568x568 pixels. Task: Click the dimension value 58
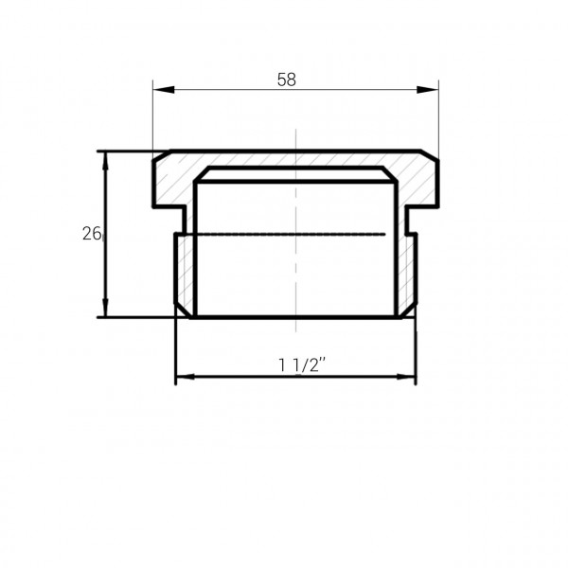coord(287,80)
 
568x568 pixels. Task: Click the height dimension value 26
coord(91,233)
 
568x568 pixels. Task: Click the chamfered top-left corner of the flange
coord(161,156)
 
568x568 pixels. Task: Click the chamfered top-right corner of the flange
coord(432,156)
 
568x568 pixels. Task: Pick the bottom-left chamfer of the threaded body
coord(181,310)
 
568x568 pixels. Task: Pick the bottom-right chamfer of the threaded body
coord(410,310)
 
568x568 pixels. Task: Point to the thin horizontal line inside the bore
coord(284,233)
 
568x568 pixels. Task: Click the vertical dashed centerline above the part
coord(296,137)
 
